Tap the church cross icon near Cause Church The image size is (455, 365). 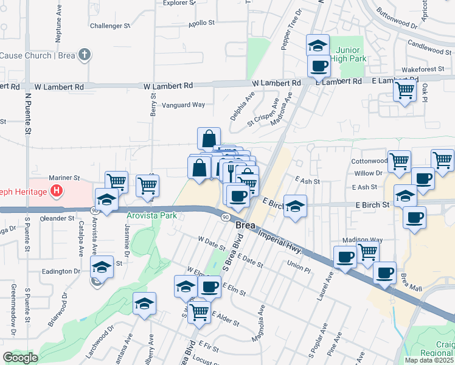pos(85,55)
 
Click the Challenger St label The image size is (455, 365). pos(110,26)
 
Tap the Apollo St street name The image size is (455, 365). pos(202,23)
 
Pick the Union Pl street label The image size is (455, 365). pos(299,265)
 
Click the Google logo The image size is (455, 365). pos(19,358)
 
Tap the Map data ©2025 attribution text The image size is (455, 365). pos(429,360)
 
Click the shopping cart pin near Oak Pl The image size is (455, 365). pos(405,91)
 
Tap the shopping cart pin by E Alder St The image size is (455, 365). pos(200,311)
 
